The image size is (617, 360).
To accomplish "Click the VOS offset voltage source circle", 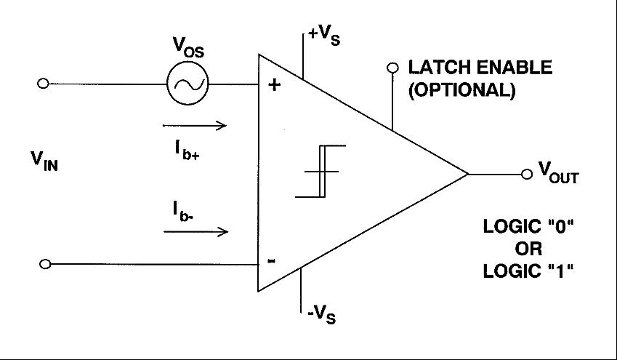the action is tap(187, 84).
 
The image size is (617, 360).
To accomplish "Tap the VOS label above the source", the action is tap(189, 47).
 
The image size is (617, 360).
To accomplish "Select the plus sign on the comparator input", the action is tap(274, 84).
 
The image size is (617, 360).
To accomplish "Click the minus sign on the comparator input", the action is tap(272, 261).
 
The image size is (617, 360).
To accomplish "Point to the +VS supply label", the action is tap(324, 36).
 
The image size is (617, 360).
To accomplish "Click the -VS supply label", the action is tap(322, 314).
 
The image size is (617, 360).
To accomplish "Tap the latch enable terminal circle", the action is tap(392, 68).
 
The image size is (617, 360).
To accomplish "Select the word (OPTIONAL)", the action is tap(462, 90).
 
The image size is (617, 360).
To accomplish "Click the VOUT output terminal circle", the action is tap(526, 174).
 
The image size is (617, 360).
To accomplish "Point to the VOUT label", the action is tap(559, 172).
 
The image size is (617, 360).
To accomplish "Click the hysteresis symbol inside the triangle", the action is tap(320, 172).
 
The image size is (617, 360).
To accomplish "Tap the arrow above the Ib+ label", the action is tap(195, 126).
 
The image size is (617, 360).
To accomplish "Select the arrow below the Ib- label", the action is tap(196, 231).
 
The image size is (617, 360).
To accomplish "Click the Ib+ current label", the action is tap(187, 150).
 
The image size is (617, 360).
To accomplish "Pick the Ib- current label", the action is tap(183, 212).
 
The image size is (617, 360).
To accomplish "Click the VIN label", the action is tap(44, 161).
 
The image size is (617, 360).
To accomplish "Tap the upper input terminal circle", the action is tap(43, 84).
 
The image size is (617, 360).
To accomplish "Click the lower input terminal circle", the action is tap(45, 264).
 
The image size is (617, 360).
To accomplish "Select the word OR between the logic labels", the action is tap(528, 249).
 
